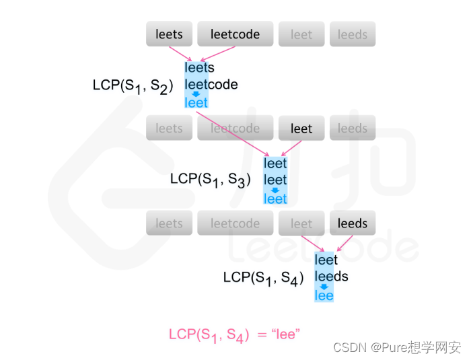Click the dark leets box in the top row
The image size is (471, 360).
pos(169,34)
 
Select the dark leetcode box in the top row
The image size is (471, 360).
pos(235,34)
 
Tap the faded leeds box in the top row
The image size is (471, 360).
pos(353,34)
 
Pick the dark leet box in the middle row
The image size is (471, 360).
pos(301,128)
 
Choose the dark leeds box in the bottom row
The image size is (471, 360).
pos(353,223)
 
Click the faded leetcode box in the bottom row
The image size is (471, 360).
pos(235,223)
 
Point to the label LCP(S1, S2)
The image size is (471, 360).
pos(133,85)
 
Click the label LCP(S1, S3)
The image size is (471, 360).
pos(210,179)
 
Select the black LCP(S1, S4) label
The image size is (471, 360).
pos(263,277)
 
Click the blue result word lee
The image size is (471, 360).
pos(324,295)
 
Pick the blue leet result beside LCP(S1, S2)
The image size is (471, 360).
pos(196,103)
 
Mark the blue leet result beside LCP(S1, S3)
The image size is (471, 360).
pos(275,199)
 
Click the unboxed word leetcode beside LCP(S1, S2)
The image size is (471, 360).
pos(211,85)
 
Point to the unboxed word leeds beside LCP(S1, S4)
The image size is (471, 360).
pos(332,277)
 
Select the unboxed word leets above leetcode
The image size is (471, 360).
pos(199,68)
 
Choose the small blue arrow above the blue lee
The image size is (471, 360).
pos(324,286)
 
